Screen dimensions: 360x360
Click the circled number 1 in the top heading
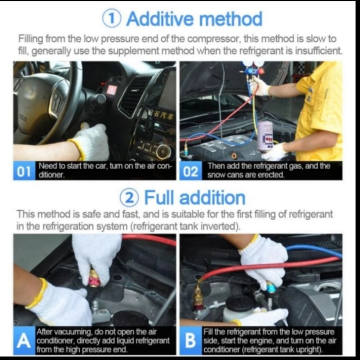[x=112, y=19]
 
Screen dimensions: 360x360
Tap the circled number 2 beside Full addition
[x=129, y=198]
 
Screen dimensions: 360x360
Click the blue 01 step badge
[x=24, y=171]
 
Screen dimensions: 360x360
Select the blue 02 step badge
[x=191, y=171]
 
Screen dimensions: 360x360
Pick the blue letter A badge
[x=24, y=341]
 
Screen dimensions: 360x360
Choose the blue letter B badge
[x=190, y=341]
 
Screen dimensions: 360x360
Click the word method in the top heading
[x=231, y=19]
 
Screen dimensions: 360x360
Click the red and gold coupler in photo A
[x=94, y=278]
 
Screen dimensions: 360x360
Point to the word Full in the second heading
[x=159, y=198]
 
